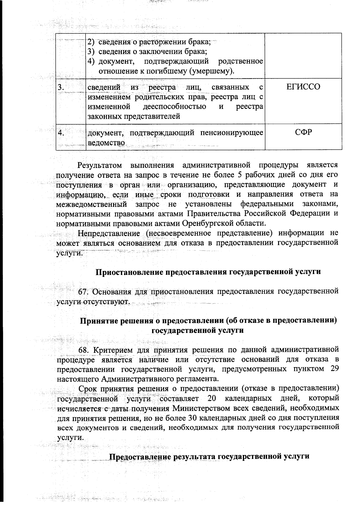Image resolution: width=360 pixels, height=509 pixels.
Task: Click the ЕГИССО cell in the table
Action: point(303,87)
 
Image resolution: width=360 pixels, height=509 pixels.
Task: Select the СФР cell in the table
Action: point(303,132)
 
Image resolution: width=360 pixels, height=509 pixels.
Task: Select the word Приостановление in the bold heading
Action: point(129,272)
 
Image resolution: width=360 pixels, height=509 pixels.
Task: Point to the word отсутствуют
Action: point(106,301)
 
